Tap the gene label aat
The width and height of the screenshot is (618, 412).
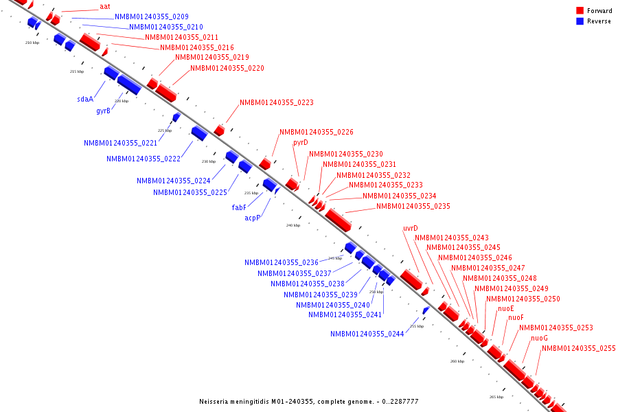point(104,6)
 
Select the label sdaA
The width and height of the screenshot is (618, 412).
point(85,99)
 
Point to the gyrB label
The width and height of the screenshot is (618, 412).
point(104,111)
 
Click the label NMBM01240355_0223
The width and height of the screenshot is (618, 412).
point(277,102)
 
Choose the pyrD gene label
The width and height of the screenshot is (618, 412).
point(301,143)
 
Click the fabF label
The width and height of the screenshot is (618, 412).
point(239,207)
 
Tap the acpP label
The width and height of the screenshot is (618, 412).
point(253,218)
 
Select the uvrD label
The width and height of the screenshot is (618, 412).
point(411,229)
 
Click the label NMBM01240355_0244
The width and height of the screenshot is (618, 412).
point(367,334)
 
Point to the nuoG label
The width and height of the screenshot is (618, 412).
point(539,338)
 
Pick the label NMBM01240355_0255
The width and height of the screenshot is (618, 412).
point(579,349)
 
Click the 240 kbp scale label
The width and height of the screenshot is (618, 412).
point(293,225)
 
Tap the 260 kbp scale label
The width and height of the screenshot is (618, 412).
point(457,361)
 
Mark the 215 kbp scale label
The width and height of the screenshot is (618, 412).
point(77,71)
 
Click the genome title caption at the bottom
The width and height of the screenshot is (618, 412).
point(308,402)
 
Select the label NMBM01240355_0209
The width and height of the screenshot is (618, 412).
point(152,16)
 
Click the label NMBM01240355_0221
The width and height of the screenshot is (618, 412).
point(121,143)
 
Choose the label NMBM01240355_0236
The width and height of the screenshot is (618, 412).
point(282,262)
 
